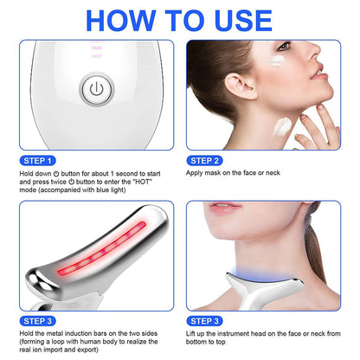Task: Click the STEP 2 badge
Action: coord(210,160)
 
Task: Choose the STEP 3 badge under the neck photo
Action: coord(210,321)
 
